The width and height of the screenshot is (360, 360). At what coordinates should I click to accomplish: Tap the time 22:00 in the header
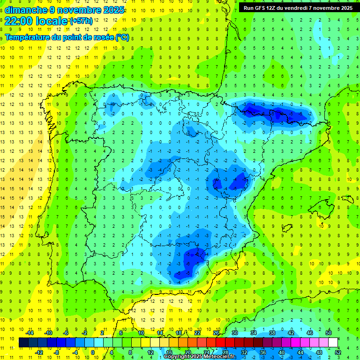[x=18, y=21]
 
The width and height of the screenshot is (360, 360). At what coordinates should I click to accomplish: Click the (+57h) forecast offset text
[x=81, y=21]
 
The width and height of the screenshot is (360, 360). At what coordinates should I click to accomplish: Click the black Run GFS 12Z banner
[x=298, y=8]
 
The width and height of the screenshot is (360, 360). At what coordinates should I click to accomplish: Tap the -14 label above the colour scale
[x=29, y=333]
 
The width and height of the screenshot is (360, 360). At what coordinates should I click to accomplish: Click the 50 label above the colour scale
[x=329, y=333]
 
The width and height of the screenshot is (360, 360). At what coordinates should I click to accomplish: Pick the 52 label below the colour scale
[x=338, y=352]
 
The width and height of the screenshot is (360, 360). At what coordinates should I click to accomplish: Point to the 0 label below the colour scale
[x=93, y=352]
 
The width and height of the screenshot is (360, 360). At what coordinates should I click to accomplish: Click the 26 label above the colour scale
[x=216, y=333]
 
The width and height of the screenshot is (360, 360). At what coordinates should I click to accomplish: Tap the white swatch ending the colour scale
[x=333, y=343]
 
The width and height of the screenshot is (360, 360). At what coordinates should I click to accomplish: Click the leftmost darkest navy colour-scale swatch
[x=23, y=343]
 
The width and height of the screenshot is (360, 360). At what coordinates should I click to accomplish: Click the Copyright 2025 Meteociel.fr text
[x=199, y=357]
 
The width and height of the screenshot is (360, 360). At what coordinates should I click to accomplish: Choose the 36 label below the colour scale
[x=263, y=352]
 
